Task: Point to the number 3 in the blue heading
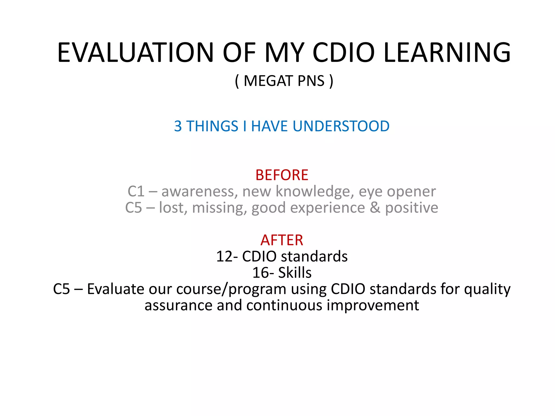pyautogui.click(x=178, y=126)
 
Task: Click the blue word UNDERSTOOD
pyautogui.click(x=341, y=126)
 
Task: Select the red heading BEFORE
pyautogui.click(x=282, y=175)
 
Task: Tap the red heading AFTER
pyautogui.click(x=282, y=240)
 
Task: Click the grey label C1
pyautogui.click(x=136, y=191)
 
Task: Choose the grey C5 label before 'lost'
pyautogui.click(x=133, y=208)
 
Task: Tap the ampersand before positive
pyautogui.click(x=375, y=208)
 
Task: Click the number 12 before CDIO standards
pyautogui.click(x=225, y=256)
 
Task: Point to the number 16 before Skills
pyautogui.click(x=261, y=273)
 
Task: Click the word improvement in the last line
pyautogui.click(x=373, y=305)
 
